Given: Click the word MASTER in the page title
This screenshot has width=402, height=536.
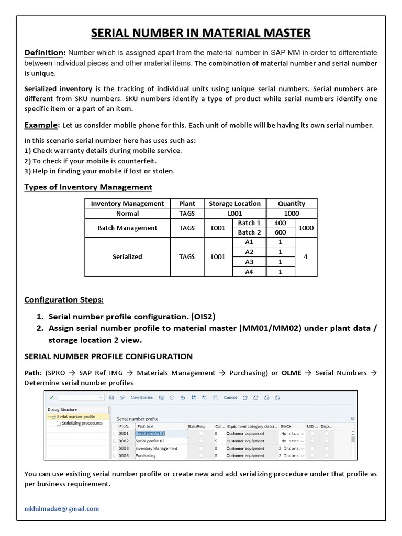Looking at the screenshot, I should [x=282, y=33].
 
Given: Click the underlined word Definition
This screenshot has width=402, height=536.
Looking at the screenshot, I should [x=44, y=53].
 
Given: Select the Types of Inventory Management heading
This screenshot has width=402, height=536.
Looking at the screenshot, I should [x=88, y=187].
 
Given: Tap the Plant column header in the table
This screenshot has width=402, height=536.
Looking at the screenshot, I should [x=187, y=204].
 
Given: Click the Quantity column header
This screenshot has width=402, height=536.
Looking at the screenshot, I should [x=292, y=204].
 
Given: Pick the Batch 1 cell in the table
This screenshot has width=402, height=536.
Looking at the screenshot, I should [x=249, y=223].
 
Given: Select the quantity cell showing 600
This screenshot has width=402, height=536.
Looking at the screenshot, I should [x=281, y=232].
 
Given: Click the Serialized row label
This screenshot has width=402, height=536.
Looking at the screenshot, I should [x=127, y=257].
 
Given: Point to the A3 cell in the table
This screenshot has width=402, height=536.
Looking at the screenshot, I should [x=249, y=262].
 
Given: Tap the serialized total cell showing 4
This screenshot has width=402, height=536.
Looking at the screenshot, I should [x=306, y=257].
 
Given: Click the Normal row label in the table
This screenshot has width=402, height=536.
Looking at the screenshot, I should [x=127, y=214].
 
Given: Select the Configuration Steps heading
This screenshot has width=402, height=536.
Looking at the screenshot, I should [x=64, y=299].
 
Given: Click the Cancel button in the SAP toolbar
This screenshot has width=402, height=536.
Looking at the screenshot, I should [x=230, y=398].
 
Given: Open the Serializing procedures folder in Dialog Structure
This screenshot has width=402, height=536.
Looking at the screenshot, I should [x=82, y=423].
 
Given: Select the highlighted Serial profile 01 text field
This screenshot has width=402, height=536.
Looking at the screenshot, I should [x=151, y=434].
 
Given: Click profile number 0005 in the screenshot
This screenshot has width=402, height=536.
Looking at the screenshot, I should [x=124, y=456].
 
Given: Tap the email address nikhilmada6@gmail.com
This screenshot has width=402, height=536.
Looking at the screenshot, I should [x=62, y=508].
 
